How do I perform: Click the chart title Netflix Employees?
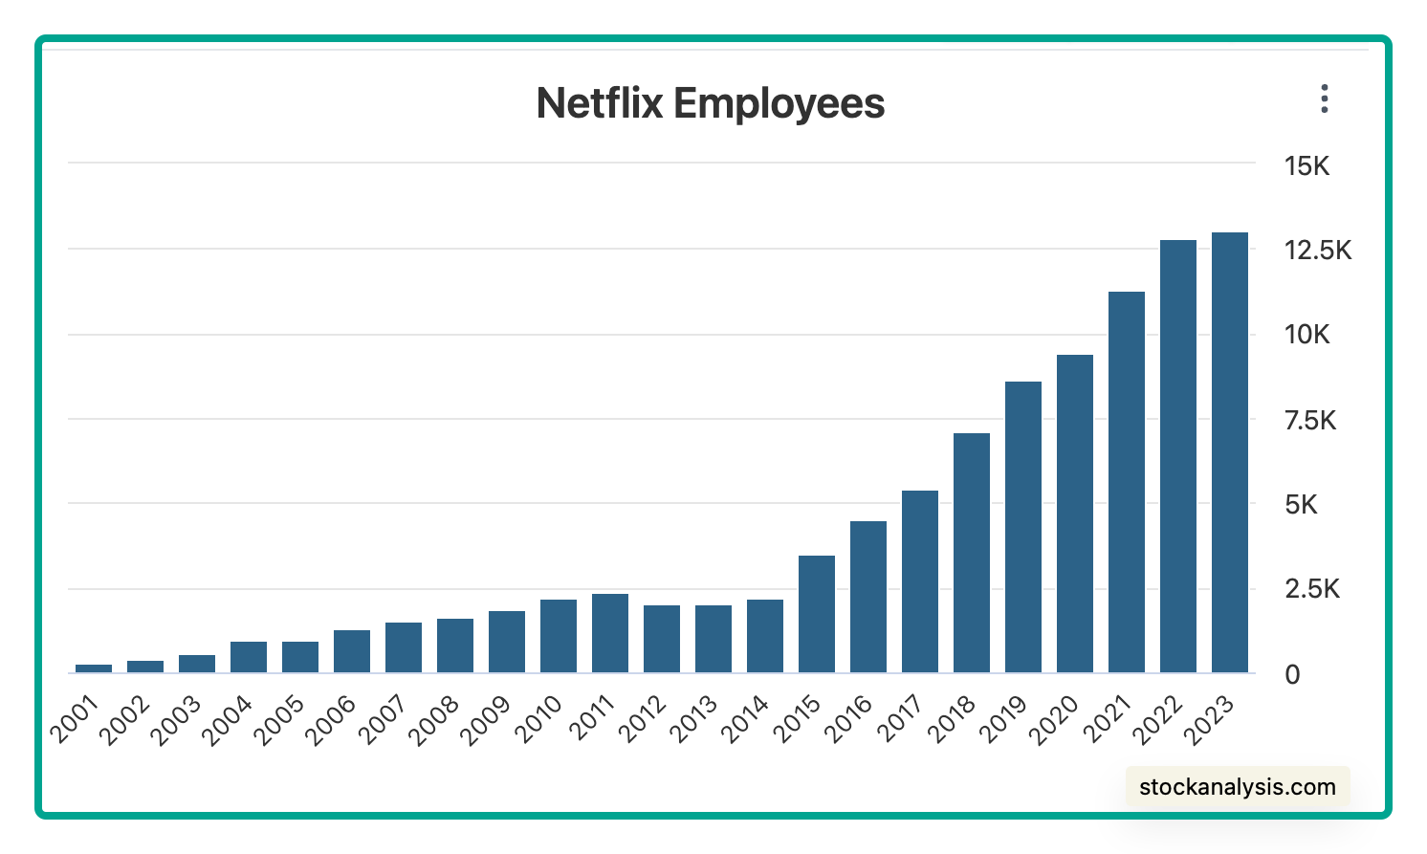point(711,104)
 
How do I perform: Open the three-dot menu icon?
point(1325,99)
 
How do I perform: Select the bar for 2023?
point(1230,452)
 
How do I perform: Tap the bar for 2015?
point(817,614)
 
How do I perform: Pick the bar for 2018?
point(972,553)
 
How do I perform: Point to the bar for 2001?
point(94,668)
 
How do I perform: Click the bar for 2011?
point(610,633)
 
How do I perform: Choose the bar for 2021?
point(1127,482)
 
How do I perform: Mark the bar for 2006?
point(352,651)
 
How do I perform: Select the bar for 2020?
point(1075,514)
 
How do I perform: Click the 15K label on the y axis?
point(1306,166)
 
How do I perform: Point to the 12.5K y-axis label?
point(1317,251)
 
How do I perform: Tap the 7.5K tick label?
point(1310,421)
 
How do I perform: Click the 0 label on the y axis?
point(1292,674)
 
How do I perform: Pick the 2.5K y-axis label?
point(1312,589)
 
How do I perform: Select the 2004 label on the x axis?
point(227,720)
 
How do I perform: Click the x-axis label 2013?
point(693,720)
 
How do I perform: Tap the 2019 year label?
point(1002,720)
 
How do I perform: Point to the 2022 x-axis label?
point(1157,720)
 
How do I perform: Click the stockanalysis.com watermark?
point(1238,787)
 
